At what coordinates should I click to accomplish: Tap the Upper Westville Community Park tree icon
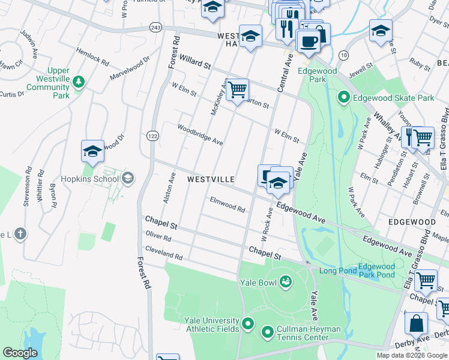78,81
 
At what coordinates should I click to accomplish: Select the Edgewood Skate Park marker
343,97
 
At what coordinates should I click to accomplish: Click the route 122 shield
151,137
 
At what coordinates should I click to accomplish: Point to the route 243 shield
155,28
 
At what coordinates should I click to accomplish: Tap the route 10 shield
343,55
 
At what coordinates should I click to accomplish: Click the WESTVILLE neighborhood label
210,179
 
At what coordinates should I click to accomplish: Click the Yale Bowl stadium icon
286,281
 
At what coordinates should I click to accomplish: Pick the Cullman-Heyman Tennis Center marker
268,331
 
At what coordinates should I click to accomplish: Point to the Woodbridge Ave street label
200,134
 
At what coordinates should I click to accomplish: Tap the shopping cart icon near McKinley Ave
238,89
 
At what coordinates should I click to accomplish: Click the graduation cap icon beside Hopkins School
92,151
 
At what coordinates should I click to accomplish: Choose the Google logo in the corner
20,353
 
